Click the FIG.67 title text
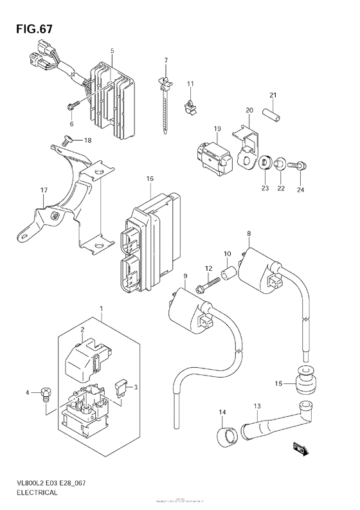30,30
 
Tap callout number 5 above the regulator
112,50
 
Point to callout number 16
150,178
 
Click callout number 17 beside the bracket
44,190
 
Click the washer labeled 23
265,159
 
